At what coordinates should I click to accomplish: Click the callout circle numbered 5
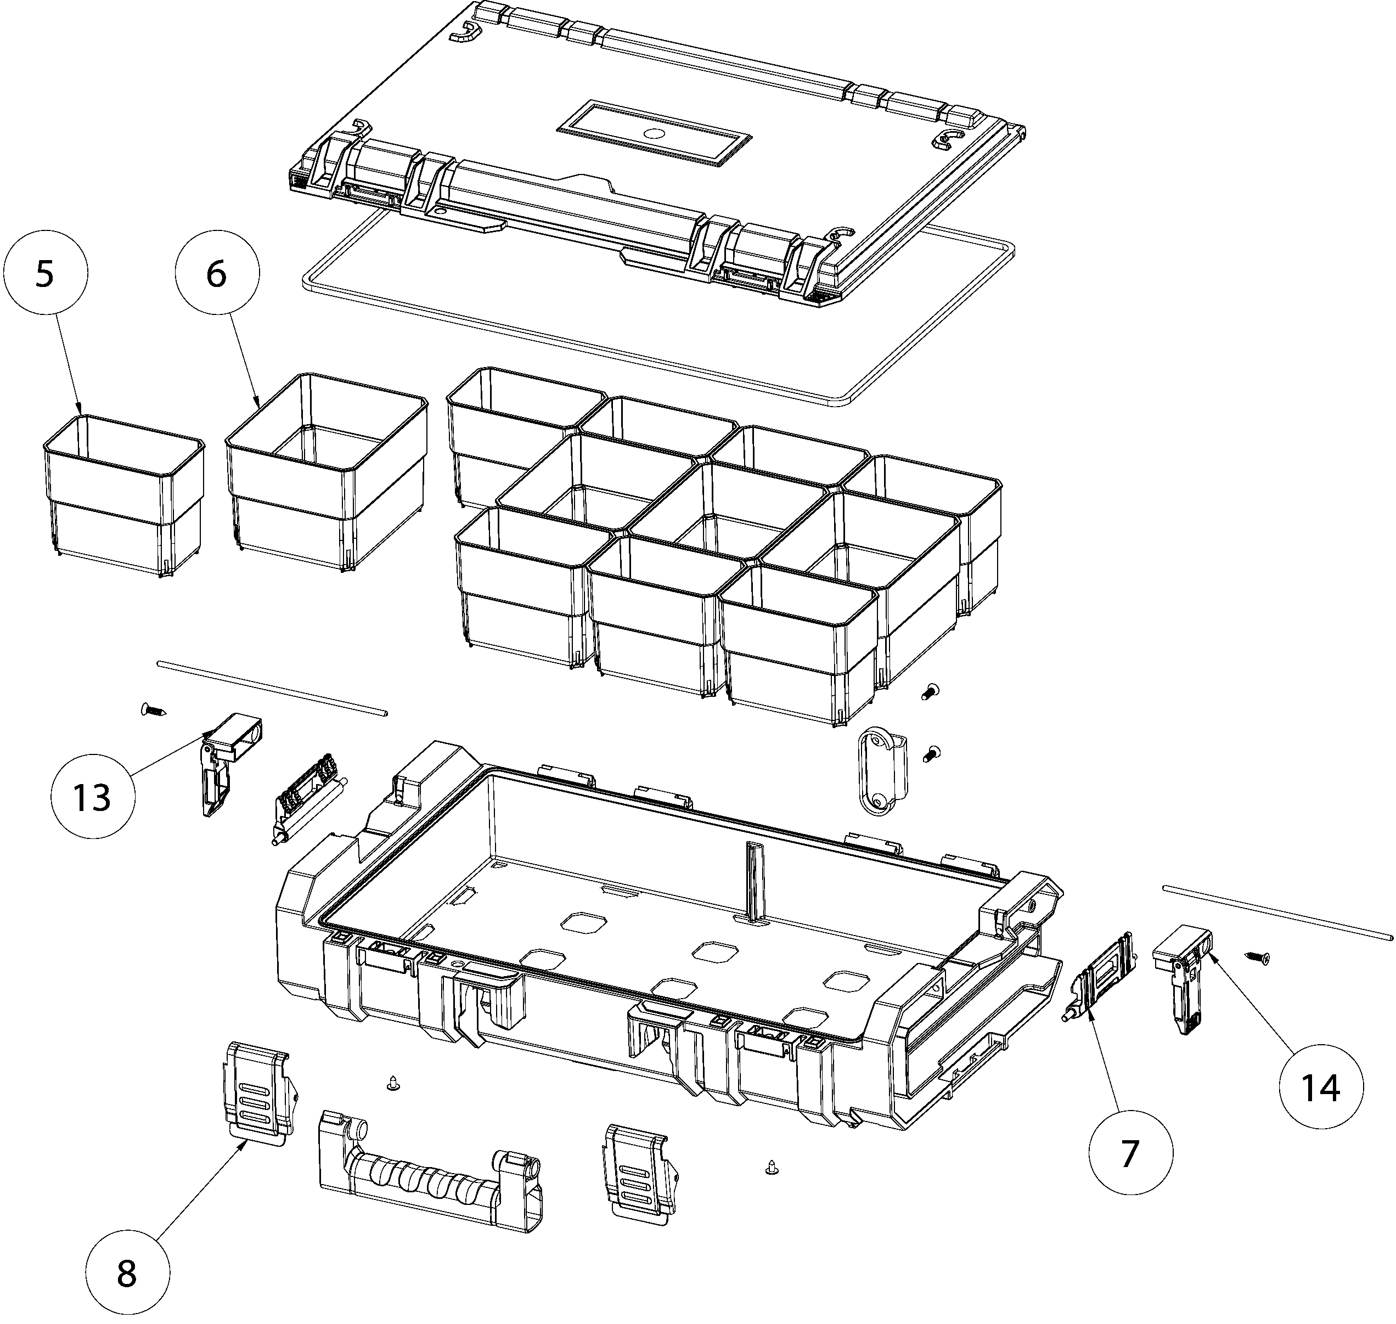pos(45,274)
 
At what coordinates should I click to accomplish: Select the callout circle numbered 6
pos(217,274)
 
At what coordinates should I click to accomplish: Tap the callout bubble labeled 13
pos(92,797)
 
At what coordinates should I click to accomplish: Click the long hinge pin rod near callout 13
pos(272,688)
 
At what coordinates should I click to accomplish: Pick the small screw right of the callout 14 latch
pos(1257,957)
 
